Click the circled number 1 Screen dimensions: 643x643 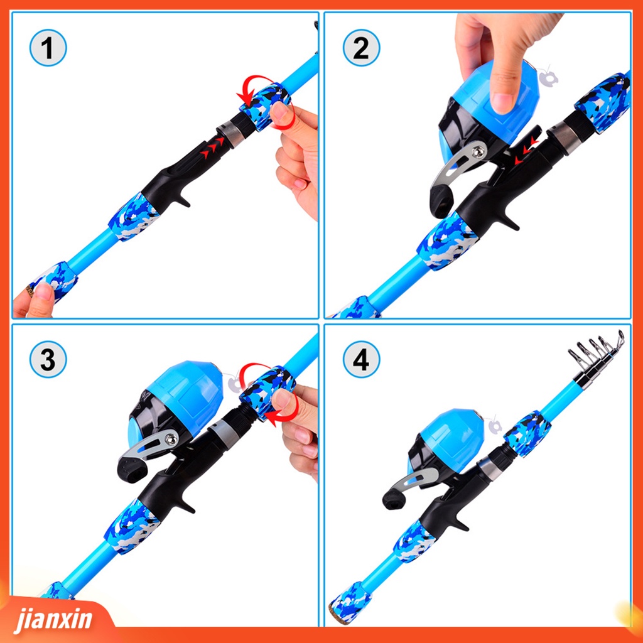pyautogui.click(x=48, y=48)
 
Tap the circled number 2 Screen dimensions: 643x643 pyautogui.click(x=361, y=48)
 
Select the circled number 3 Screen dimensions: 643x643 pyautogui.click(x=48, y=360)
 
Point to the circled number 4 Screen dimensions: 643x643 pyautogui.click(x=361, y=360)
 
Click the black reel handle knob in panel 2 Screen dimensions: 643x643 pyautogui.click(x=441, y=201)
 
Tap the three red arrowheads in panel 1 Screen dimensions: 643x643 pyautogui.click(x=212, y=148)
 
